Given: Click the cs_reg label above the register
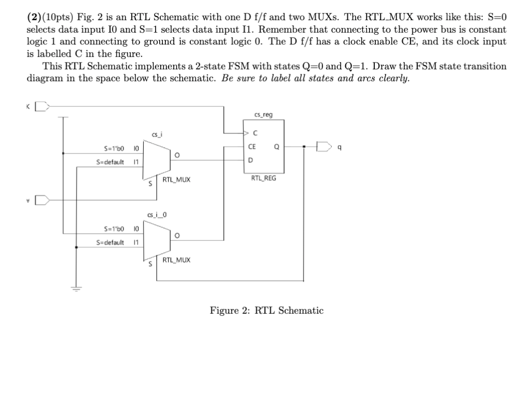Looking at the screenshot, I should click(x=265, y=115).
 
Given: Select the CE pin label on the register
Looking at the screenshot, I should click(x=252, y=146).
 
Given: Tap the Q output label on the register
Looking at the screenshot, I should click(x=277, y=146).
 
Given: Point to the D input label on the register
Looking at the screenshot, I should click(x=251, y=160).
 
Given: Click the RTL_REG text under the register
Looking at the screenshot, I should click(x=264, y=178).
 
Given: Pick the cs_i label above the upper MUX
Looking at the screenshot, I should click(x=157, y=135).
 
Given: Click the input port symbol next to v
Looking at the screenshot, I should click(x=45, y=199).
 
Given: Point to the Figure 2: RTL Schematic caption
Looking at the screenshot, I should click(x=266, y=311).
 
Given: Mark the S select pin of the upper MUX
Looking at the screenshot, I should click(x=149, y=183).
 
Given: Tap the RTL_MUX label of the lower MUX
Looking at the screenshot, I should click(x=176, y=260).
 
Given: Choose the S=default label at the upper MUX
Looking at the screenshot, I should click(x=110, y=162).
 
